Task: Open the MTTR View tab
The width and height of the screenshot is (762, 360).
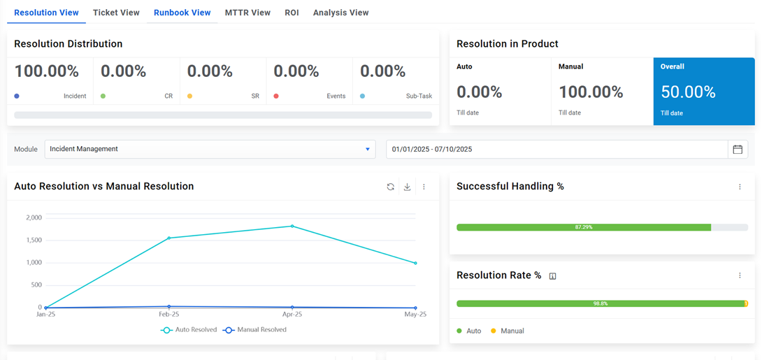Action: point(247,13)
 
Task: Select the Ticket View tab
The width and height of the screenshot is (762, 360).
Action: point(116,13)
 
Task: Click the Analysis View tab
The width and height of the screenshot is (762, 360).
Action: point(340,13)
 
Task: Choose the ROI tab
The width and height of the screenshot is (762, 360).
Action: point(292,13)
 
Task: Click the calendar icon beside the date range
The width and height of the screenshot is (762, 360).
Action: point(738,149)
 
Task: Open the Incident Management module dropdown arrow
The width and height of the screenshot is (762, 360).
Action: point(368,149)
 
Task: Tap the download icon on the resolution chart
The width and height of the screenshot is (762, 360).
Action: point(407,187)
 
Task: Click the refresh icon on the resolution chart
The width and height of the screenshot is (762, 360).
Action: point(391,187)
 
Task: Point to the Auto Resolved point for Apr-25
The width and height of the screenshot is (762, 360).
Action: point(292,226)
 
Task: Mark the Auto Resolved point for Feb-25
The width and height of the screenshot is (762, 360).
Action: point(169,238)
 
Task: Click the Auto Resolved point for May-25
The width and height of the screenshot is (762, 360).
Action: point(415,263)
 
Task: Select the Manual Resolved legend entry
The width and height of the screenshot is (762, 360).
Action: point(255,329)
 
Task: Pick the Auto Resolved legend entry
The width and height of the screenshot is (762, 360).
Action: point(189,329)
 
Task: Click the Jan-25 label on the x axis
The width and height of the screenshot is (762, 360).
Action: point(46,315)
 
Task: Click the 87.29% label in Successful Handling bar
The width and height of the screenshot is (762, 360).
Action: point(584,227)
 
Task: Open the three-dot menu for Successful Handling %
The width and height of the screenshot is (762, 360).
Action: point(740,187)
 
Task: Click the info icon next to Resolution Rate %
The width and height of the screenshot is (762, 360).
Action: point(552,276)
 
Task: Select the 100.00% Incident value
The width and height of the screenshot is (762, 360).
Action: point(46,71)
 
